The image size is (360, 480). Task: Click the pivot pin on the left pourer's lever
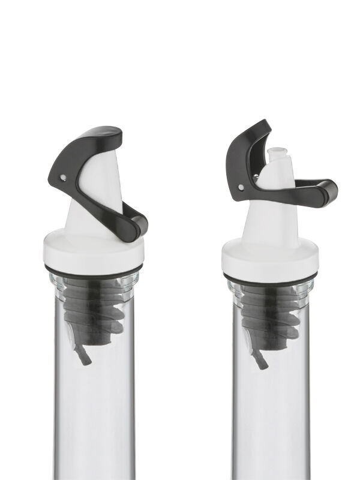pyautogui.click(x=64, y=178)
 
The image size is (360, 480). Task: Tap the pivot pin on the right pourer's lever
pyautogui.click(x=241, y=188)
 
